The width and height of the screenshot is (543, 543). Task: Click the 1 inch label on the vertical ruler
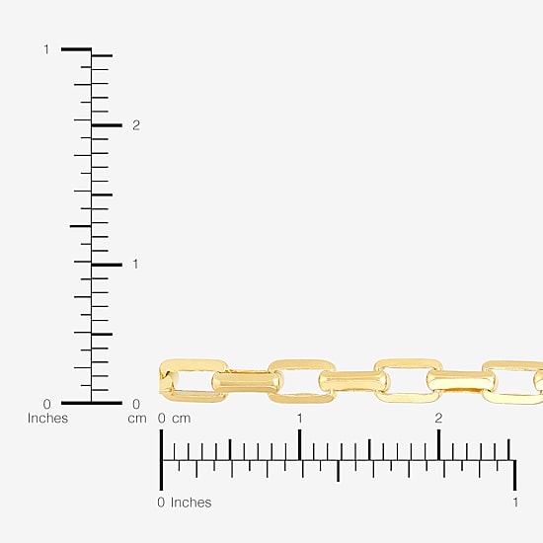point(46,49)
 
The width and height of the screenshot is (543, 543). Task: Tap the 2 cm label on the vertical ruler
point(136,125)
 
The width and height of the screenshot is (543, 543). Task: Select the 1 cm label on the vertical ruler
point(135,265)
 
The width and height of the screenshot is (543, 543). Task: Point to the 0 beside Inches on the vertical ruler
point(46,404)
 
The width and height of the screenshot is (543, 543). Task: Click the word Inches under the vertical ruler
point(47,419)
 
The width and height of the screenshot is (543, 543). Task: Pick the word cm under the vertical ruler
point(137,419)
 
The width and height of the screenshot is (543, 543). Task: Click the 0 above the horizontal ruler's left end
point(161,419)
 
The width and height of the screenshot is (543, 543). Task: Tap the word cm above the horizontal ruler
point(182,419)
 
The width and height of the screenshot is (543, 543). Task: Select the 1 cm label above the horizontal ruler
point(300,419)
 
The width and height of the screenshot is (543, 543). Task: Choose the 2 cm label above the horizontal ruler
point(438,419)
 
